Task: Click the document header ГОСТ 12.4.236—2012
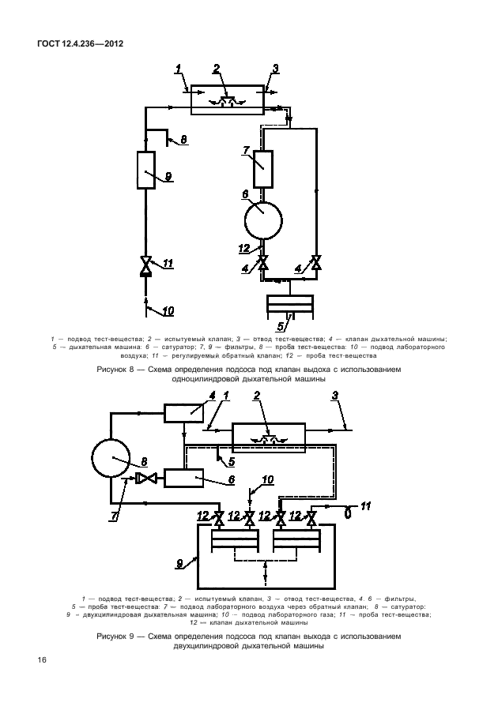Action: tap(80, 44)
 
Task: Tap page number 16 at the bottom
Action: tap(42, 660)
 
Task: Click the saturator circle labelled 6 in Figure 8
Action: tap(262, 220)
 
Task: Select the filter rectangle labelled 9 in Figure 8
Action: tap(146, 170)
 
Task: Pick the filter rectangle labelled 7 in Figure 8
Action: tap(262, 169)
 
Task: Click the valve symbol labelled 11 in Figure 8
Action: tap(146, 266)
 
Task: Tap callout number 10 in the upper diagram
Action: tap(168, 311)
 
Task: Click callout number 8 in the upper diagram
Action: tap(183, 139)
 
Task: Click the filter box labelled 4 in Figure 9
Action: tap(183, 412)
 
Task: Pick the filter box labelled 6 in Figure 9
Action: tap(183, 479)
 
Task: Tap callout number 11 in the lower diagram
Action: tap(365, 505)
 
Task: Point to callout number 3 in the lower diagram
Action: tap(335, 396)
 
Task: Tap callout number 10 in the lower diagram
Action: tap(267, 480)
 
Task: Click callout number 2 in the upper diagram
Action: tap(217, 69)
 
